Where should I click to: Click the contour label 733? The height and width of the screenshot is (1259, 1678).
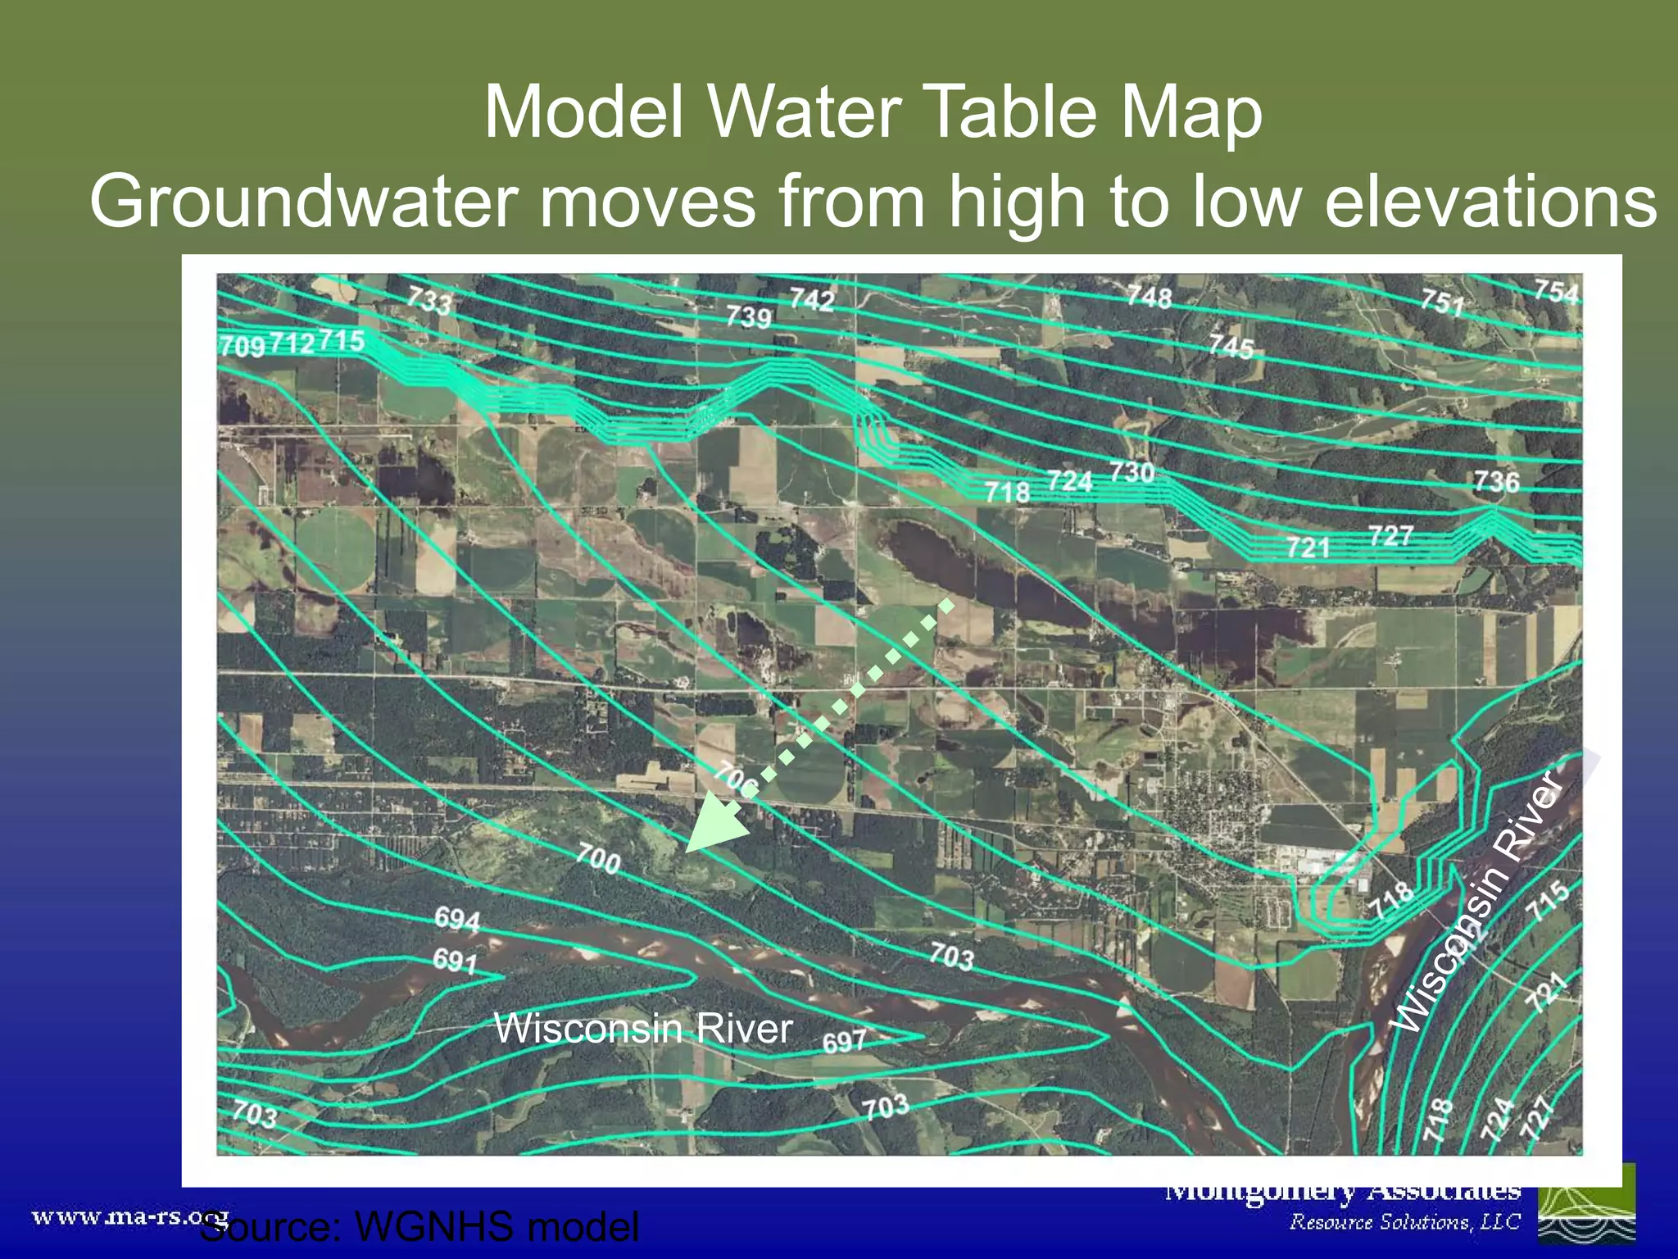(x=429, y=300)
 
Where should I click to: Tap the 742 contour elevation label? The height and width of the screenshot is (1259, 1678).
(x=811, y=300)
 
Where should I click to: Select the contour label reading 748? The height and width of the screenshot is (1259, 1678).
(x=1149, y=296)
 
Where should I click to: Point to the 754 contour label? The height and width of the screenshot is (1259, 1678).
(x=1556, y=292)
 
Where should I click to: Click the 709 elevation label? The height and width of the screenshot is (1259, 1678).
(x=242, y=346)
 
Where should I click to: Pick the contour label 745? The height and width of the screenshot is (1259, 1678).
(x=1231, y=346)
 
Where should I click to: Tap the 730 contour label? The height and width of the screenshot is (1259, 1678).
(x=1132, y=473)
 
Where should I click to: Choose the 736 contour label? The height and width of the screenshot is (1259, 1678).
(x=1496, y=481)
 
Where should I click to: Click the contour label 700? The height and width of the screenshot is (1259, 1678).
(x=597, y=859)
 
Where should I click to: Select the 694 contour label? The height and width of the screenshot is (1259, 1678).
(x=457, y=919)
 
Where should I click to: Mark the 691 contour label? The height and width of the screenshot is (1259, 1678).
(x=455, y=960)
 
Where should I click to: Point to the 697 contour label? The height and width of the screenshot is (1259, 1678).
(x=844, y=1042)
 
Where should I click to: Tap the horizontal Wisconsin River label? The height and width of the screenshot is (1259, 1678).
(x=643, y=1028)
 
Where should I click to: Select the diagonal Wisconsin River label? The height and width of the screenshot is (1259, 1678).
(x=1479, y=902)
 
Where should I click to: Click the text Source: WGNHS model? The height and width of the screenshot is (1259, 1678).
(x=419, y=1227)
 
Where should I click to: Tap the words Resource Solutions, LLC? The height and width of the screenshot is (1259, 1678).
(x=1404, y=1222)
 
